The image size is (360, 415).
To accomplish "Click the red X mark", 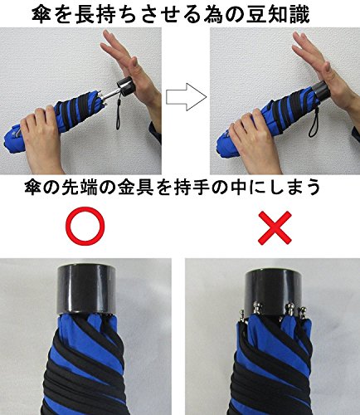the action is pyautogui.click(x=275, y=227).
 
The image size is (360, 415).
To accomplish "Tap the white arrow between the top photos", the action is pyautogui.click(x=186, y=97).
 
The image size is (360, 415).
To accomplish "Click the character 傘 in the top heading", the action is pyautogui.click(x=41, y=14).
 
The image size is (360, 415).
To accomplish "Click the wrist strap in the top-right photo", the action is pyautogui.click(x=313, y=122).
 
